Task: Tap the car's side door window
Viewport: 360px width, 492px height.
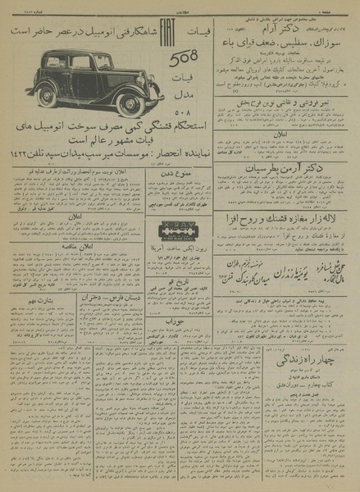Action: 81,63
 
